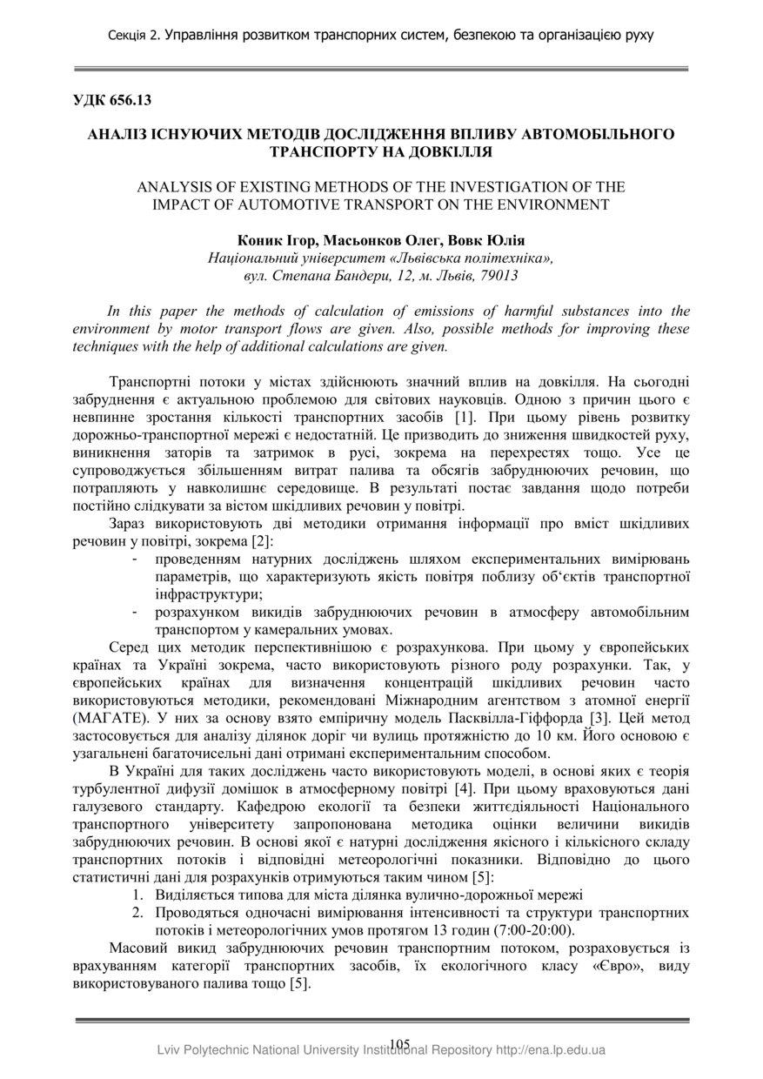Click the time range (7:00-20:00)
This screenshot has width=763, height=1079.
530,929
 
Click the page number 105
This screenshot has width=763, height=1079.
400,1044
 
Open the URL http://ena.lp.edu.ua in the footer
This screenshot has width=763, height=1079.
551,1050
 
